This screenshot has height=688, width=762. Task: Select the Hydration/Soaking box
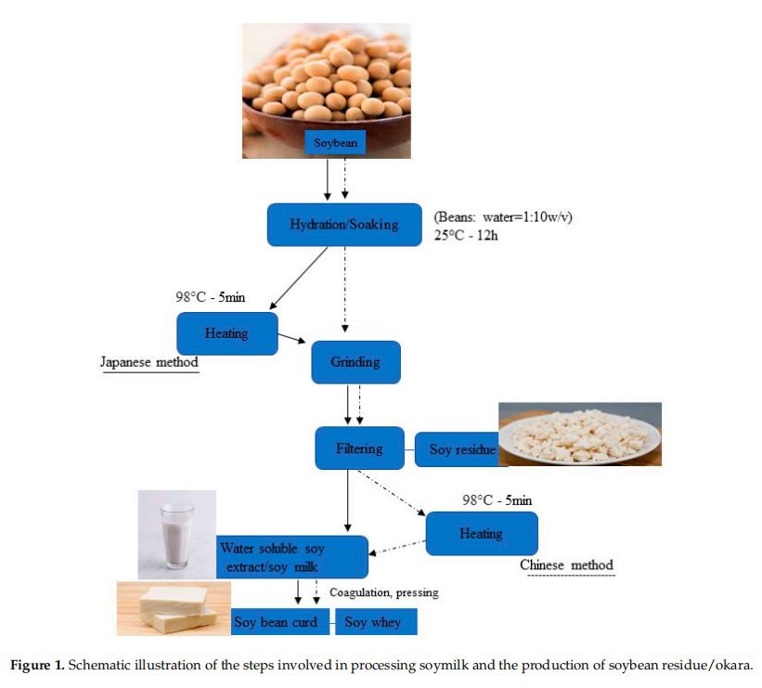pyautogui.click(x=344, y=225)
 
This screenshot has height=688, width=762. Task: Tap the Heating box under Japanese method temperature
pyautogui.click(x=226, y=333)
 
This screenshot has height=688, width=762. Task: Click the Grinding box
pyautogui.click(x=355, y=362)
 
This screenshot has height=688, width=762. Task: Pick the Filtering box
pyautogui.click(x=359, y=448)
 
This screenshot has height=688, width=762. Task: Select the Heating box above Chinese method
pyautogui.click(x=481, y=534)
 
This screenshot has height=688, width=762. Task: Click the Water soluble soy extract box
pyautogui.click(x=291, y=557)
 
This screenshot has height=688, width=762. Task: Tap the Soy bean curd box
pyautogui.click(x=281, y=622)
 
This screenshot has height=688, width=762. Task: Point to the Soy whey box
pyautogui.click(x=375, y=622)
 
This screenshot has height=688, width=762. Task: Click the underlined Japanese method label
pyautogui.click(x=149, y=362)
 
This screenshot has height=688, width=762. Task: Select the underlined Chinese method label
pyautogui.click(x=566, y=565)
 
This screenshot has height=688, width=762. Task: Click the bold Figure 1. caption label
pyautogui.click(x=36, y=665)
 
